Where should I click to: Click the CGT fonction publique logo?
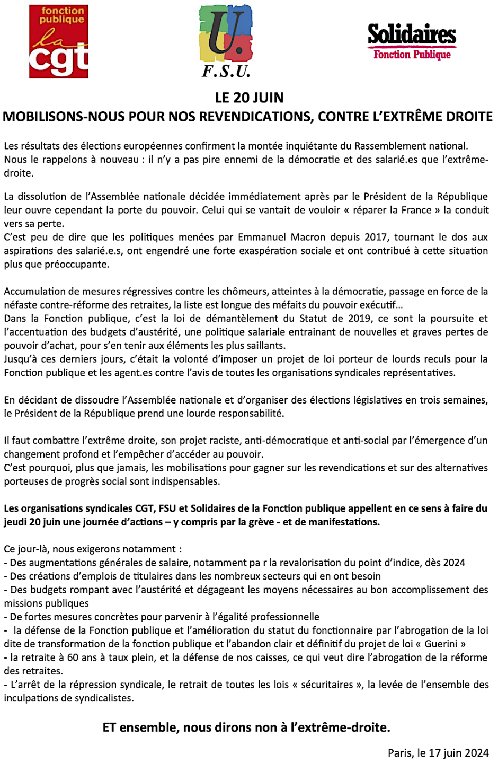point(58,41)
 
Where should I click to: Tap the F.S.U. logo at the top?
point(226,41)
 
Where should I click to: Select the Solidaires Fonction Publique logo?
point(412,41)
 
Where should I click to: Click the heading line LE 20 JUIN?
point(249,98)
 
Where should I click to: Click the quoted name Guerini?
point(440,644)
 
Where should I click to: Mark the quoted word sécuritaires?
point(327,685)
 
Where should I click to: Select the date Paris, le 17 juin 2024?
point(438,752)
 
